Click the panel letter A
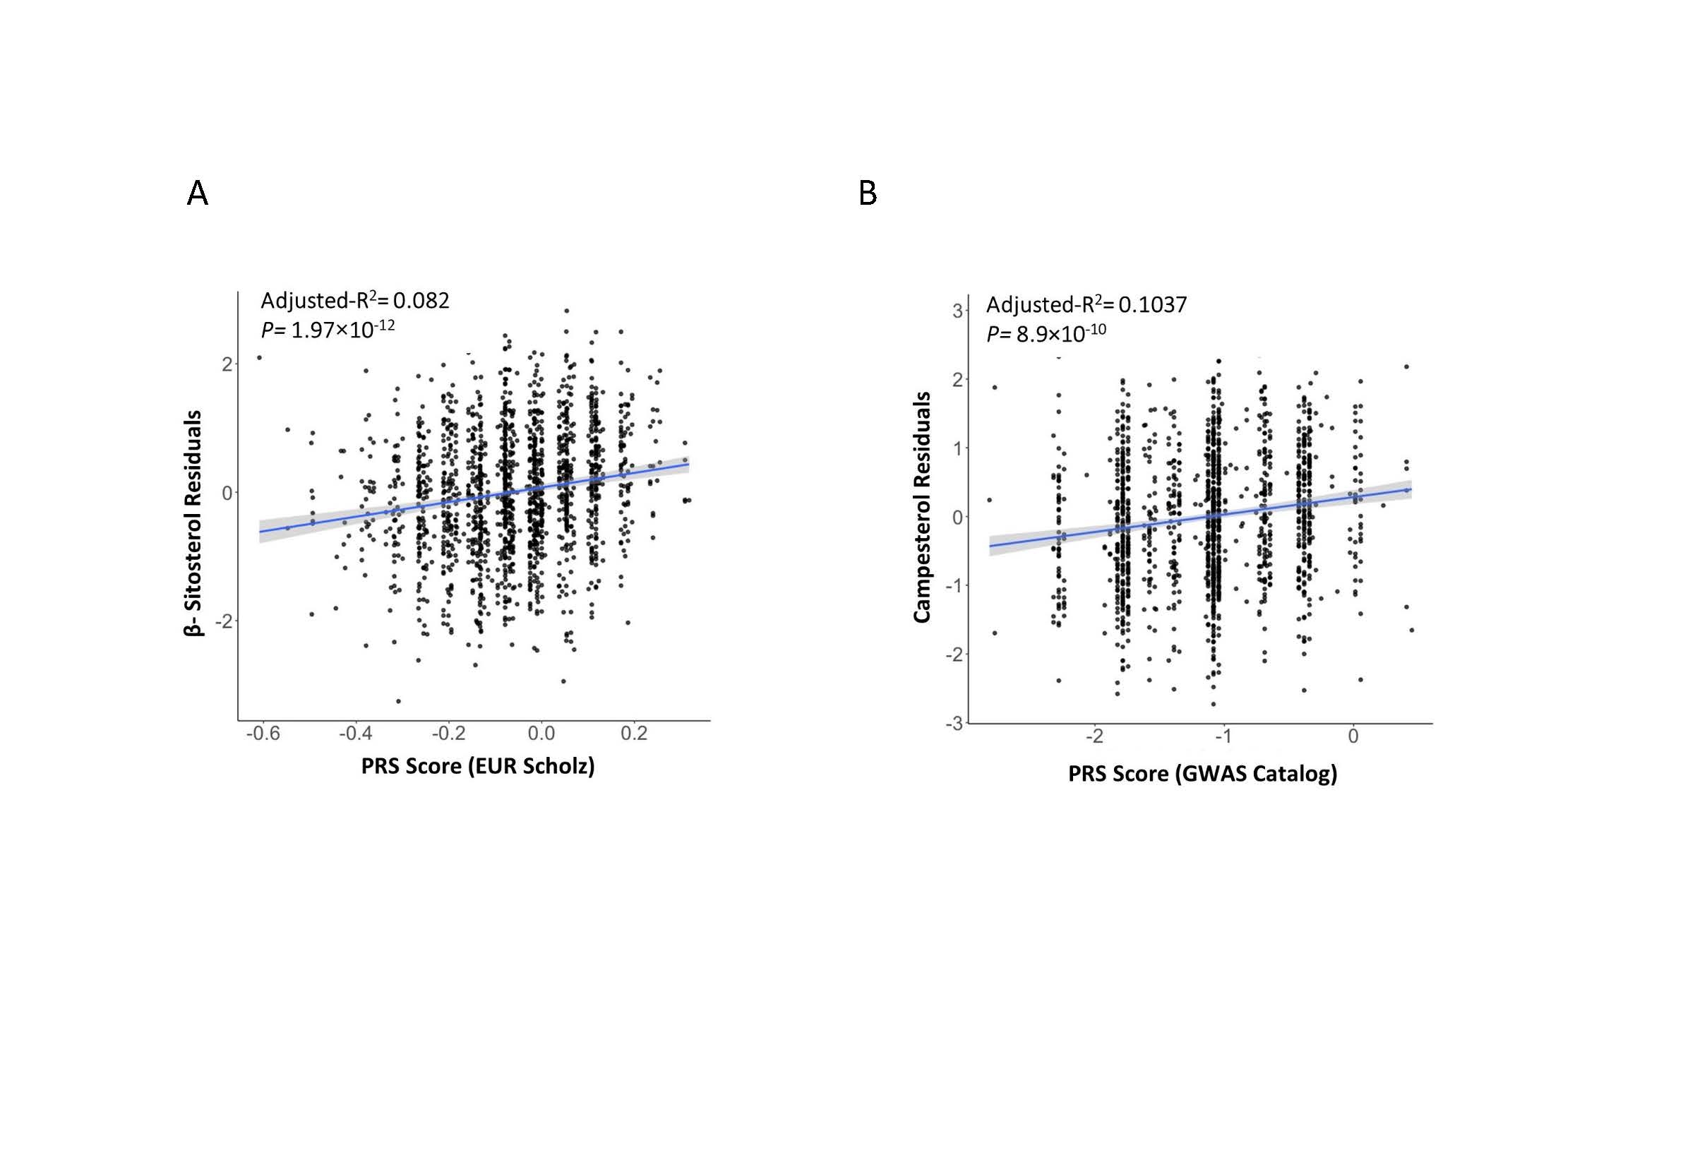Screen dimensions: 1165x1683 click(198, 193)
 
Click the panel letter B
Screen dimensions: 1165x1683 click(867, 193)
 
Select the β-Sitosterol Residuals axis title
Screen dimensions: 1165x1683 click(193, 523)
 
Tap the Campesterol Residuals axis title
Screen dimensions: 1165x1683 click(922, 508)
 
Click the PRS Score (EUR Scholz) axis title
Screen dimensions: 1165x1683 click(478, 765)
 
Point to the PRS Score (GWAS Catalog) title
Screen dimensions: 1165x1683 click(1202, 773)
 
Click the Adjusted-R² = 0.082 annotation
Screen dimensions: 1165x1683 click(354, 300)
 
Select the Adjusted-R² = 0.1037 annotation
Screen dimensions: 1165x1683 click(1086, 304)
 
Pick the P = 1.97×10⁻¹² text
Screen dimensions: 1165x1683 click(328, 329)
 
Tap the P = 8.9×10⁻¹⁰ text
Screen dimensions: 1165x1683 click(1046, 333)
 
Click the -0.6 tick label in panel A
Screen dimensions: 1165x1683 click(263, 734)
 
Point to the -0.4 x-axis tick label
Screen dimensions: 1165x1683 click(355, 734)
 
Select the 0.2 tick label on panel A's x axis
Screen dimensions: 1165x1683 click(633, 734)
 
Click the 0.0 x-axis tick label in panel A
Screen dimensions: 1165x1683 click(541, 734)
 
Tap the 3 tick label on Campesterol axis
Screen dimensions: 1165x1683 click(957, 311)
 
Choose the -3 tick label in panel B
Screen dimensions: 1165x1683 click(954, 724)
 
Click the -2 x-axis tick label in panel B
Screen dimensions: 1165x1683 click(1094, 736)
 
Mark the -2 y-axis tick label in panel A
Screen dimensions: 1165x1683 click(224, 621)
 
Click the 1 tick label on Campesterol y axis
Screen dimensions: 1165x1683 click(957, 448)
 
